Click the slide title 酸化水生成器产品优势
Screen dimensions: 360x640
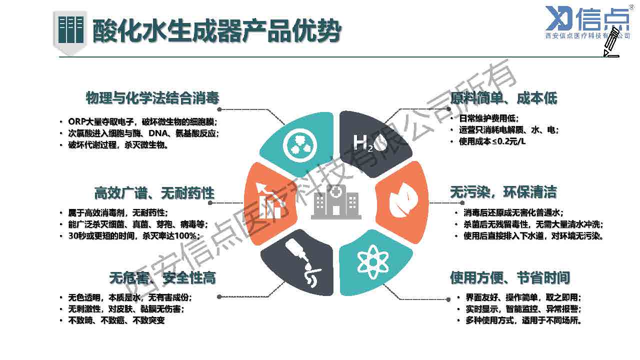pos(216,31)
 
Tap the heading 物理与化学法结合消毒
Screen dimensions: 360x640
pos(152,97)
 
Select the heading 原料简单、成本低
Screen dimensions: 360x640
pos(503,98)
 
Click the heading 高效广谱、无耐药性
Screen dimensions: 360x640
pos(154,193)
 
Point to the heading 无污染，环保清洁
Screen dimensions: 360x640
pos(503,192)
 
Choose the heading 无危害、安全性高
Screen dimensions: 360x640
pos(162,277)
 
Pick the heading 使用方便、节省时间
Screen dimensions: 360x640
pos(509,277)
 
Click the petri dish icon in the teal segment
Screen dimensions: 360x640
pos(300,144)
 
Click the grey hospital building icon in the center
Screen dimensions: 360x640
pos(336,202)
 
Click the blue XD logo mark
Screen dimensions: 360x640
pos(558,18)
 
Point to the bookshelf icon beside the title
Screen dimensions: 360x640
pos(70,30)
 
